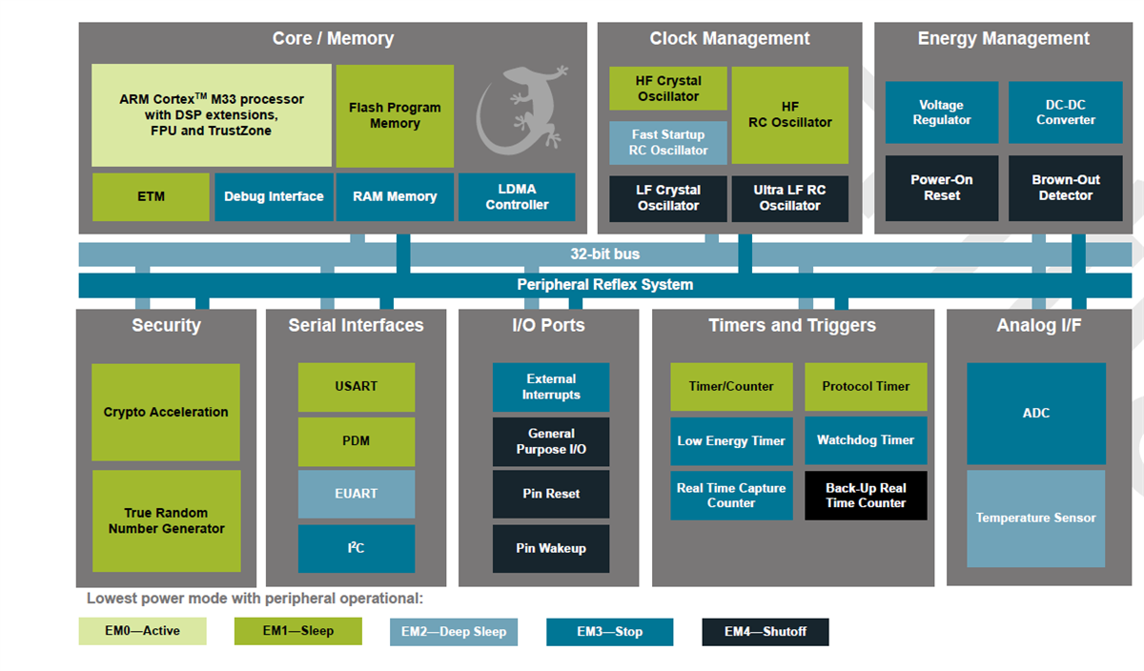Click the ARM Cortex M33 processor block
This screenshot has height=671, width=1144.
pyautogui.click(x=212, y=115)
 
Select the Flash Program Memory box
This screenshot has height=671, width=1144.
pyautogui.click(x=395, y=115)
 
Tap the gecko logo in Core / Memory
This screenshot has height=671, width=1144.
pyautogui.click(x=521, y=109)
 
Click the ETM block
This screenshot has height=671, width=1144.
pyautogui.click(x=151, y=196)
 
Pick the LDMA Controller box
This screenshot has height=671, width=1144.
pyautogui.click(x=517, y=196)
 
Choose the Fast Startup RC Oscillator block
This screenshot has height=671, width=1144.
pyautogui.click(x=668, y=142)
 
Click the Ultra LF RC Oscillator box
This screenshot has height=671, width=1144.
pyautogui.click(x=789, y=197)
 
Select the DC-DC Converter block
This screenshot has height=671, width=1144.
pyautogui.click(x=1065, y=112)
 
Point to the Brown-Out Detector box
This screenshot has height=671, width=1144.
pyautogui.click(x=1065, y=187)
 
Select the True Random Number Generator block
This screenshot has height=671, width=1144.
pyautogui.click(x=166, y=520)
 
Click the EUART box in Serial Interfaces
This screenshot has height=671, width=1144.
pyautogui.click(x=357, y=494)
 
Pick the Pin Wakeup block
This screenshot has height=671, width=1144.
pyautogui.click(x=551, y=548)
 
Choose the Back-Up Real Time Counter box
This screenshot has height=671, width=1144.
pyautogui.click(x=866, y=495)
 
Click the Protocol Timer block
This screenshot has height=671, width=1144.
pyautogui.click(x=866, y=386)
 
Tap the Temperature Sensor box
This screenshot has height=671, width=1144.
pyautogui.click(x=1035, y=518)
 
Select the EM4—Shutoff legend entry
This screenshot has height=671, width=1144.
pyautogui.click(x=766, y=631)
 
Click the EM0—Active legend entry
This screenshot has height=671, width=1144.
pyautogui.click(x=142, y=631)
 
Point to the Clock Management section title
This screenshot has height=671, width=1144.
pyautogui.click(x=729, y=39)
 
